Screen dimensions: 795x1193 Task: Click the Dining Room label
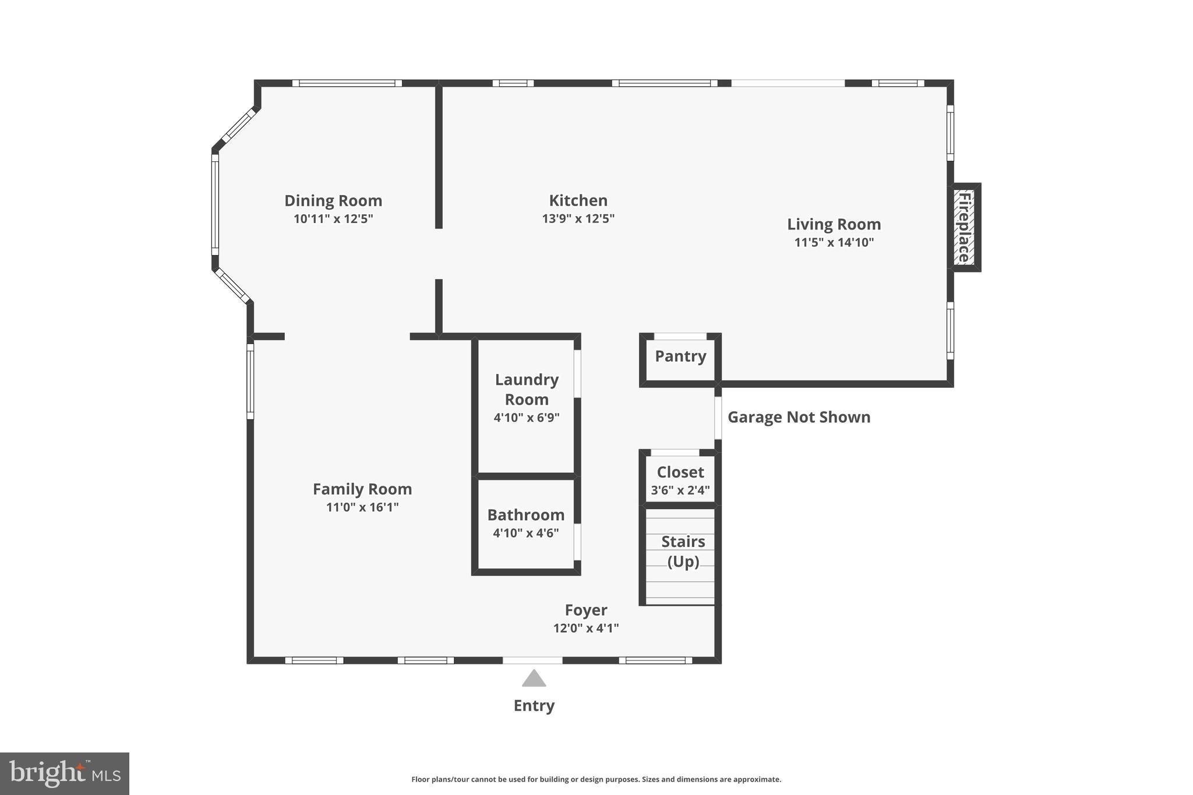click(x=333, y=201)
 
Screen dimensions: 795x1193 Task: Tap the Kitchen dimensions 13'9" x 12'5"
click(x=578, y=219)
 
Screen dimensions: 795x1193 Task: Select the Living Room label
click(x=834, y=224)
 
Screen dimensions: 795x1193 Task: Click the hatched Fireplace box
click(x=965, y=228)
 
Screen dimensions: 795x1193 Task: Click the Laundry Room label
click(x=527, y=389)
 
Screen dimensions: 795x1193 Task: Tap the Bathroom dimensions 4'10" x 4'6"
click(x=525, y=533)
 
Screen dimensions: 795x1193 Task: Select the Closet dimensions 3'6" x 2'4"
click(x=680, y=490)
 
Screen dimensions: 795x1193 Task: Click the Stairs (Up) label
click(x=683, y=551)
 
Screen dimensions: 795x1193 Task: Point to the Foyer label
click(x=585, y=610)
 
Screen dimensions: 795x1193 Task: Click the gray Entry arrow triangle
click(x=534, y=679)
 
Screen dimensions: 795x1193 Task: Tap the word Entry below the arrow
click(x=534, y=705)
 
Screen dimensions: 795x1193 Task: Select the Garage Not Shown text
click(x=799, y=417)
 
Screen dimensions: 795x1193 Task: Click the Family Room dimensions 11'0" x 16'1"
click(x=362, y=507)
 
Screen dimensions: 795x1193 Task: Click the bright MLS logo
click(x=64, y=773)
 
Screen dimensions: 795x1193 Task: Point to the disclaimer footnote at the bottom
click(x=596, y=779)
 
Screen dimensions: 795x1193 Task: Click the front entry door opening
click(x=532, y=660)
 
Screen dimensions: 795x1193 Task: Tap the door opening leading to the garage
click(x=718, y=418)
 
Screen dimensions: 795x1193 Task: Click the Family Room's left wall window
click(x=250, y=381)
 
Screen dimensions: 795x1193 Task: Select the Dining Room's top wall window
click(x=347, y=83)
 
